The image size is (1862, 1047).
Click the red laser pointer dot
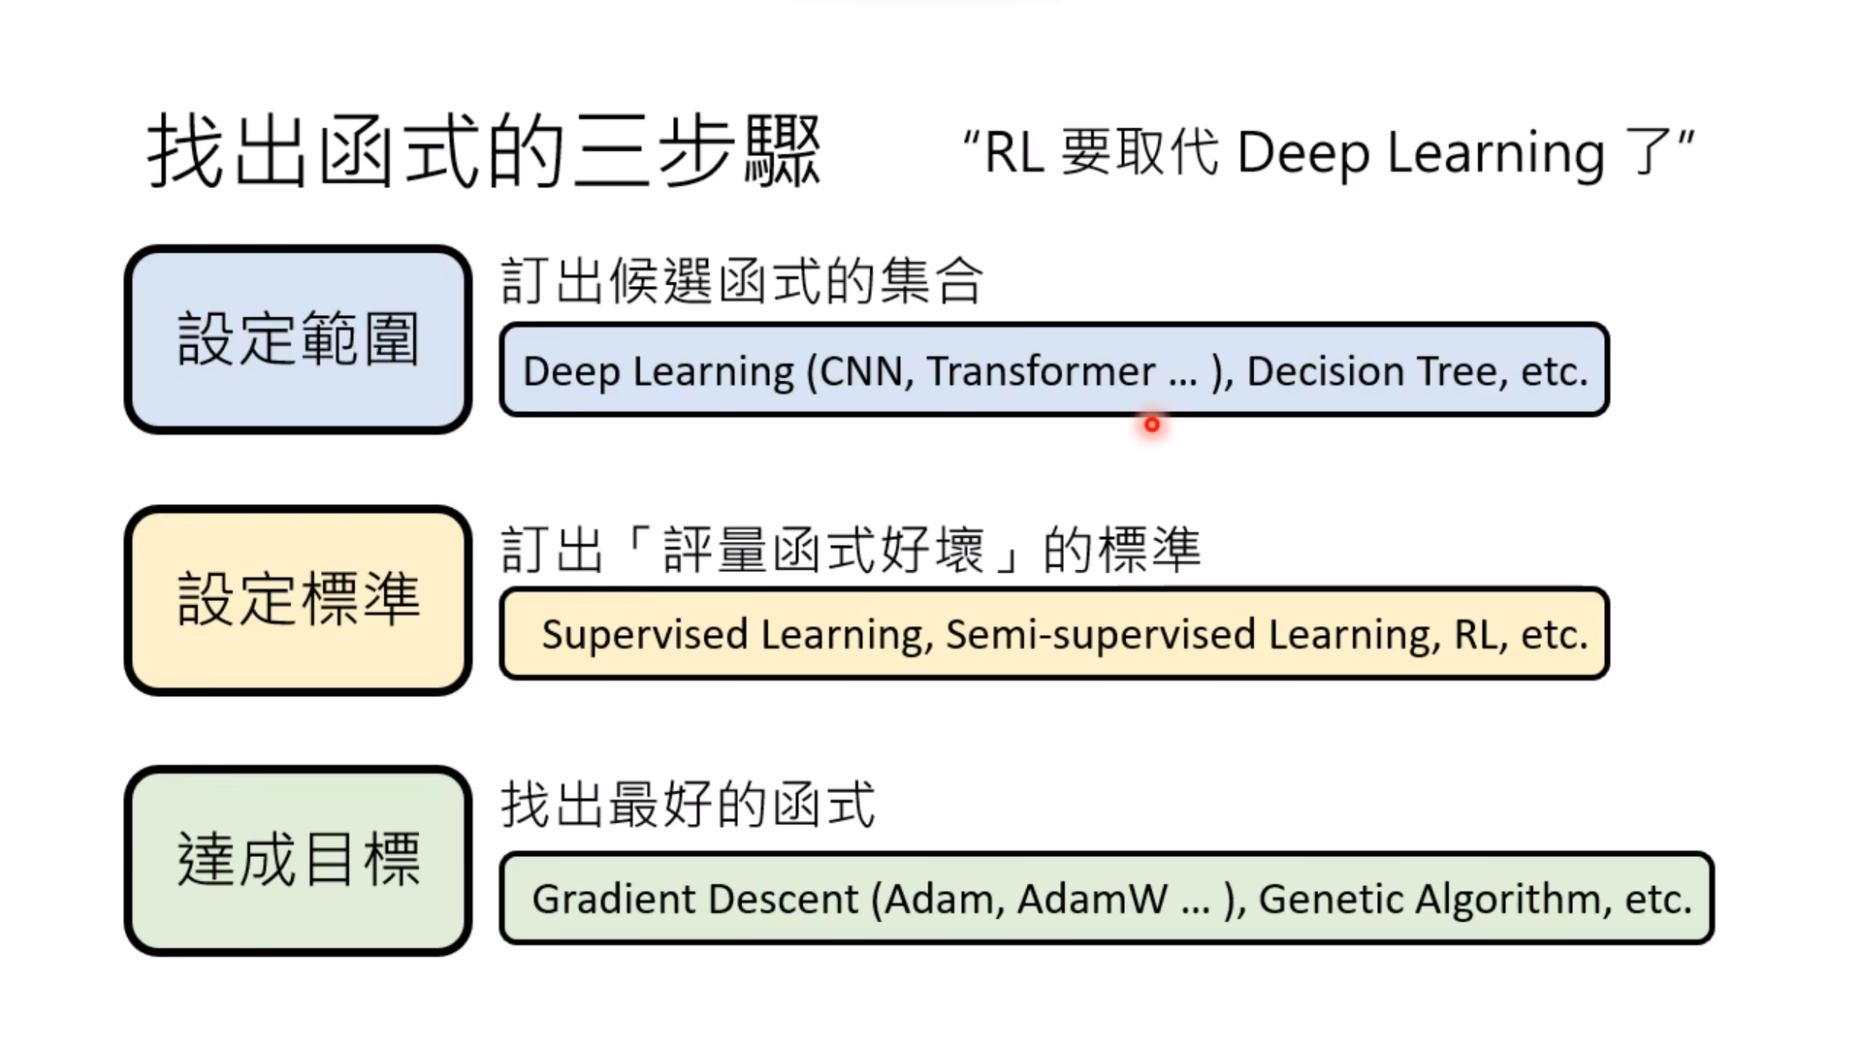(1151, 425)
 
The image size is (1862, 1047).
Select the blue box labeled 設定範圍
(298, 339)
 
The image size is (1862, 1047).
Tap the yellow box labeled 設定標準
(298, 599)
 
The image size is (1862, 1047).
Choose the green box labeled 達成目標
(298, 860)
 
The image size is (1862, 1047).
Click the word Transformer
(1041, 371)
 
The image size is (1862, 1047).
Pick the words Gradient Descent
(694, 900)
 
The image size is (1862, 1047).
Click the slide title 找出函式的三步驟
(483, 152)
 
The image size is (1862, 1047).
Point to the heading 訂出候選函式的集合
(742, 281)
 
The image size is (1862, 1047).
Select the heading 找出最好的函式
(688, 805)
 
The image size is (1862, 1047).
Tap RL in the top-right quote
(1013, 153)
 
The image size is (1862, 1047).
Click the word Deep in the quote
(1303, 153)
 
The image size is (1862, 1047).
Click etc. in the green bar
(1658, 900)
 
